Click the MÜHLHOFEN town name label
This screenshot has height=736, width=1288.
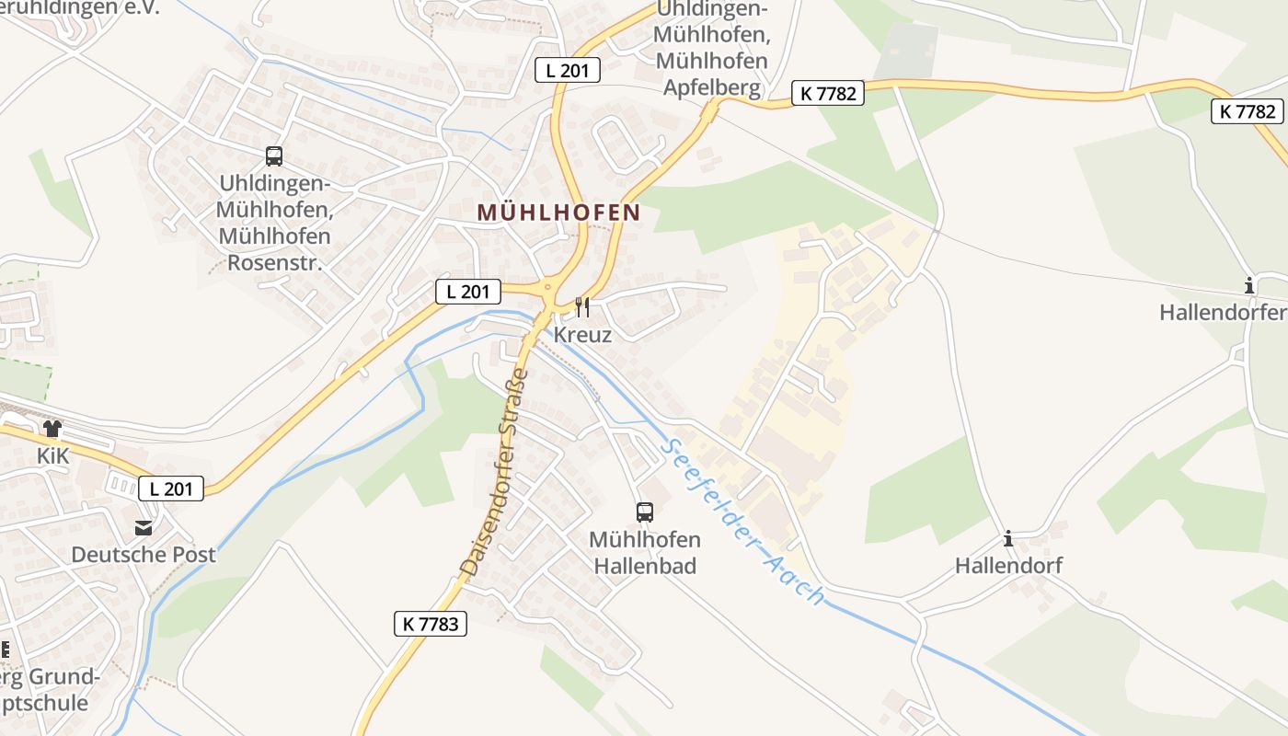pos(558,213)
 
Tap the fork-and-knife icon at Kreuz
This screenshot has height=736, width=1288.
pos(581,306)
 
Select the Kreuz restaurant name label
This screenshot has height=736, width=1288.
pos(582,335)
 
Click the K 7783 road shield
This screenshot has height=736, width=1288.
pos(430,623)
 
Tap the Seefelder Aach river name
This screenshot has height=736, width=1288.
pos(742,519)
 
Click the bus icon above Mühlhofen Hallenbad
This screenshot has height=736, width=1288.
pos(644,512)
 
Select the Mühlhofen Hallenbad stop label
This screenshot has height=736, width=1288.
pos(644,552)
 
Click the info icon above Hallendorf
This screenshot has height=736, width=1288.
pos(1008,538)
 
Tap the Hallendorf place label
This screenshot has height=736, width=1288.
pos(1008,565)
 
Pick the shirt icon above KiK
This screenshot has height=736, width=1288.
pos(52,429)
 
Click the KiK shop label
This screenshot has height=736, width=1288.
pos(53,456)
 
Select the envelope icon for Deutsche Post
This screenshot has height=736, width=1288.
pos(144,528)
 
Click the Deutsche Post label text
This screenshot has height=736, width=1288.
pos(144,555)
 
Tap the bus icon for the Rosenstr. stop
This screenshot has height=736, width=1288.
pos(273,156)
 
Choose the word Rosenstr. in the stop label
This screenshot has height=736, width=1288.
pos(273,263)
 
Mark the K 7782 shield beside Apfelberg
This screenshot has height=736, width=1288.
pos(827,93)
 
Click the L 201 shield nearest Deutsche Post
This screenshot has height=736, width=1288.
pos(171,489)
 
